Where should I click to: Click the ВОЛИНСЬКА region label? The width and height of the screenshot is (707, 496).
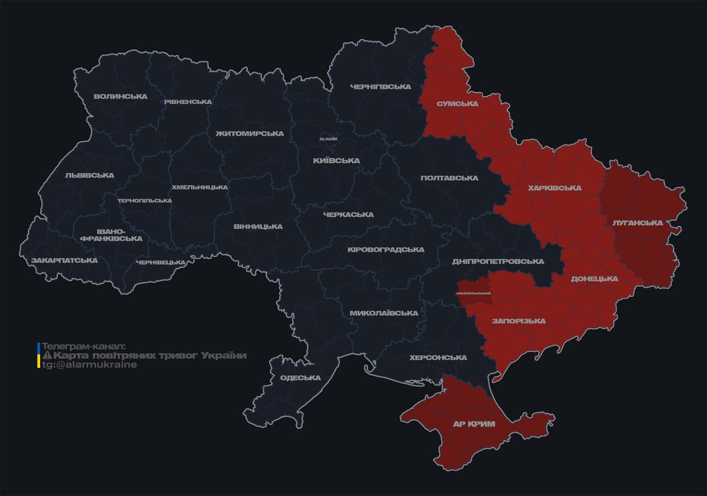point(120,97)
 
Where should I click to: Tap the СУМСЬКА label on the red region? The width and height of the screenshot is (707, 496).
point(457,103)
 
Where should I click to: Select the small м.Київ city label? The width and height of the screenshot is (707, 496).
point(328,139)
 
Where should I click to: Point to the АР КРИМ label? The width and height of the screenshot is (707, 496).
point(474,424)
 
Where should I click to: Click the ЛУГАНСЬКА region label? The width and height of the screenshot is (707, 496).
point(638,223)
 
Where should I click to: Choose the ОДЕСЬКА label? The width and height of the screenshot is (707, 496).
point(300,378)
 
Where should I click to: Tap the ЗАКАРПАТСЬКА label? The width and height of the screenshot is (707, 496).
point(65,260)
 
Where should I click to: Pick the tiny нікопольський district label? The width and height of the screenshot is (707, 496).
point(473,293)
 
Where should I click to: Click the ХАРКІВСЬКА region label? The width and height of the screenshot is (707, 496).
point(554,188)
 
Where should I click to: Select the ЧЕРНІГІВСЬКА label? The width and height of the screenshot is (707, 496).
point(381,87)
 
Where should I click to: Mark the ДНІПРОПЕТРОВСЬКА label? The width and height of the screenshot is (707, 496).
point(498,262)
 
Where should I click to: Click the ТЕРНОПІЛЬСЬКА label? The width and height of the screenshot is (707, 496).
point(145,200)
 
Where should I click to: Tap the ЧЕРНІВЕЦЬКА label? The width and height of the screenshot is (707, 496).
point(161,262)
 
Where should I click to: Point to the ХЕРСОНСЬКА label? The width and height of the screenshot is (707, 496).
point(438,357)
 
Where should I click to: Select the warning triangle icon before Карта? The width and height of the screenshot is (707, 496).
point(47,356)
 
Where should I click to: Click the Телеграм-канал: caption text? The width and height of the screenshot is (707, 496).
point(83,346)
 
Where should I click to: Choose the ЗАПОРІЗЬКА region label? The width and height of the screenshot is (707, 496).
point(518,321)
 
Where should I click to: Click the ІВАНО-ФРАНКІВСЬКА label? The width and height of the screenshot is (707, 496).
point(111,234)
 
